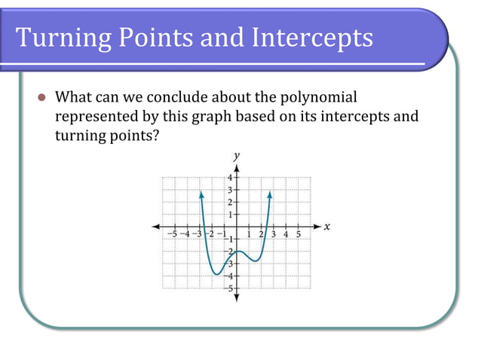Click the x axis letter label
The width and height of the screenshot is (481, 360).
327,226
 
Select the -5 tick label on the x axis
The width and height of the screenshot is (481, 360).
173,234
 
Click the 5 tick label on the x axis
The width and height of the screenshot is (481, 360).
298,234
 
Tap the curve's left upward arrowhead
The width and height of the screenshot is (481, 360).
201,194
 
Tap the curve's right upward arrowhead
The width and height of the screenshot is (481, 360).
269,194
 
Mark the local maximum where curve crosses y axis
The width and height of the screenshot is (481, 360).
237,251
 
